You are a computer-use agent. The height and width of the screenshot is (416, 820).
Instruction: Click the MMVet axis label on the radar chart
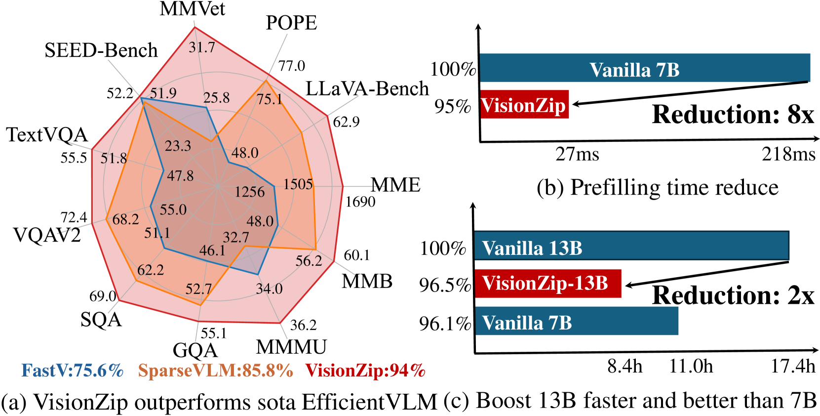(x=193, y=9)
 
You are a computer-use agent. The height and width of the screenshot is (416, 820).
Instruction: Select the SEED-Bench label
(x=101, y=50)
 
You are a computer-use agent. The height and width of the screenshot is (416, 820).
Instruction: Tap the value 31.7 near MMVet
(x=202, y=47)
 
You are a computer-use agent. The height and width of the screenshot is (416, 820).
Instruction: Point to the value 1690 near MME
(x=360, y=202)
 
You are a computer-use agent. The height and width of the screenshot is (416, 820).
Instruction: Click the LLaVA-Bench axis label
(x=367, y=88)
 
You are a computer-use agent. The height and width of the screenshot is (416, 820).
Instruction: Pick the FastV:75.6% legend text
(x=72, y=371)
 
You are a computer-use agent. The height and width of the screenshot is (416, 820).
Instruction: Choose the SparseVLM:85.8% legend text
(x=215, y=371)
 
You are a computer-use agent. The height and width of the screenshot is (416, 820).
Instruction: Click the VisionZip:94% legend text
(x=365, y=371)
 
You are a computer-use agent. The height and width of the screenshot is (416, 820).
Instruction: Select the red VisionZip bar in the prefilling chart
(x=524, y=105)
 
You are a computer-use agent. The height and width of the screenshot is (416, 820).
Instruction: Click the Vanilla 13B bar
(x=631, y=246)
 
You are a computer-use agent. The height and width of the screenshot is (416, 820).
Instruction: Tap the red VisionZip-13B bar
(x=547, y=284)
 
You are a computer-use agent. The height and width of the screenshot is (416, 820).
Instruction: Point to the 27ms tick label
(x=577, y=154)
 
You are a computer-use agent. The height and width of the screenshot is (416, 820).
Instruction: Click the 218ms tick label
(x=788, y=154)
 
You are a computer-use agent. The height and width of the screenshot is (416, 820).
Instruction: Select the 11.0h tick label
(x=691, y=366)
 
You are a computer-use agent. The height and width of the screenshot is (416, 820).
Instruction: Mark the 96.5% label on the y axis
(x=445, y=285)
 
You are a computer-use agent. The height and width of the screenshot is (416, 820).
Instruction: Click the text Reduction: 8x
(x=733, y=115)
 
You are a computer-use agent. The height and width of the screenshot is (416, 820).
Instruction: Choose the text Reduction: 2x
(x=733, y=295)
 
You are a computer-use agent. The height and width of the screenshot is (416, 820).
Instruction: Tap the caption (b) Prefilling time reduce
(x=657, y=188)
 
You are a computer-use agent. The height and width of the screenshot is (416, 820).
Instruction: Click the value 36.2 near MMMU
(x=303, y=325)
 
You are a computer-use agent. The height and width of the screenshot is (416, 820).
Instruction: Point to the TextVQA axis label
(x=47, y=134)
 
